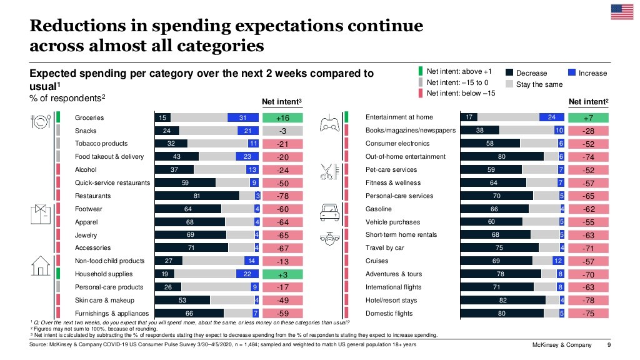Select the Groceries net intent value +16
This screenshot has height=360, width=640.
[282, 117]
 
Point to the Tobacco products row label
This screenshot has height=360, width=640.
[101, 144]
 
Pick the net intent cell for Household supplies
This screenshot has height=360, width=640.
[282, 274]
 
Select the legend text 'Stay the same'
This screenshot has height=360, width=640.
[539, 84]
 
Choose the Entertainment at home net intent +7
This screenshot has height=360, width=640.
[587, 117]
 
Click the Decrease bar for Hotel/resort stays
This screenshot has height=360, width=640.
[502, 301]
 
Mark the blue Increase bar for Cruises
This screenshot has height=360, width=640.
[559, 261]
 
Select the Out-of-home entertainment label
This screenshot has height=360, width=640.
[405, 157]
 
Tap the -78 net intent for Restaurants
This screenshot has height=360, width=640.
[282, 196]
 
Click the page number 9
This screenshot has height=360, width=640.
[609, 345]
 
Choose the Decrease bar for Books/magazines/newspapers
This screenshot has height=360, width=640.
[480, 131]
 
